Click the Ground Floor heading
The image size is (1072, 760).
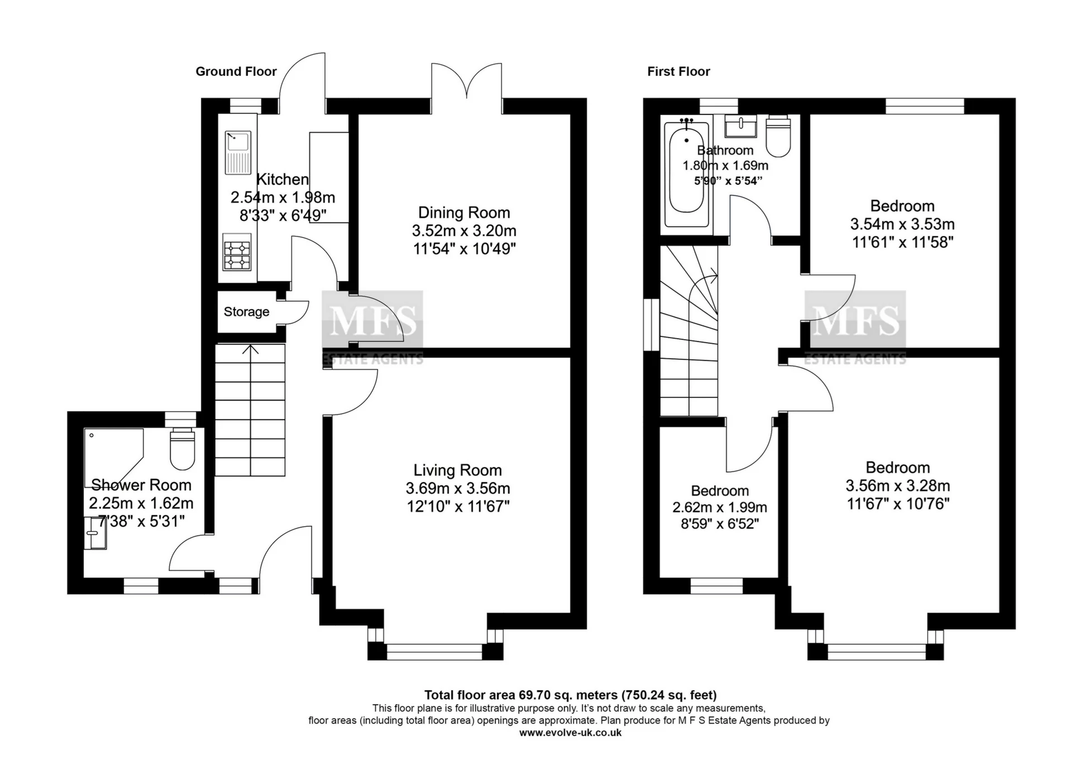[236, 71]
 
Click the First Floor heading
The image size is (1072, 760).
[678, 71]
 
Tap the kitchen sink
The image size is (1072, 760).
[238, 152]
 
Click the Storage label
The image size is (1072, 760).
[246, 312]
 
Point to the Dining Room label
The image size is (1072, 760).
[464, 213]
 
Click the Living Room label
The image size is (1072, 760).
[458, 470]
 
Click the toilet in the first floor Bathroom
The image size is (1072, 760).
[778, 136]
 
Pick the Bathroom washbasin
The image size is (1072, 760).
[741, 126]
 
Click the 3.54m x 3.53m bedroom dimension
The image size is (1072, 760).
[902, 224]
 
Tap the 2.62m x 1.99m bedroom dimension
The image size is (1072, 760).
[720, 508]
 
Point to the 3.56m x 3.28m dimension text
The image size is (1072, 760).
[898, 486]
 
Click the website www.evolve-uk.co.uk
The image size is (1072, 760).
[570, 733]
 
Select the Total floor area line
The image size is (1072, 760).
[570, 695]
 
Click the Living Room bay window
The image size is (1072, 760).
[435, 648]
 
